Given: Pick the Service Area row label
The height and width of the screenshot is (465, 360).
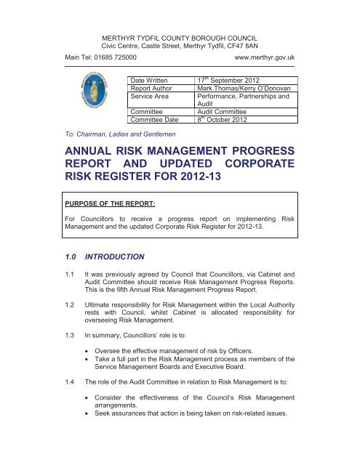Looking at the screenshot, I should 151,96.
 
